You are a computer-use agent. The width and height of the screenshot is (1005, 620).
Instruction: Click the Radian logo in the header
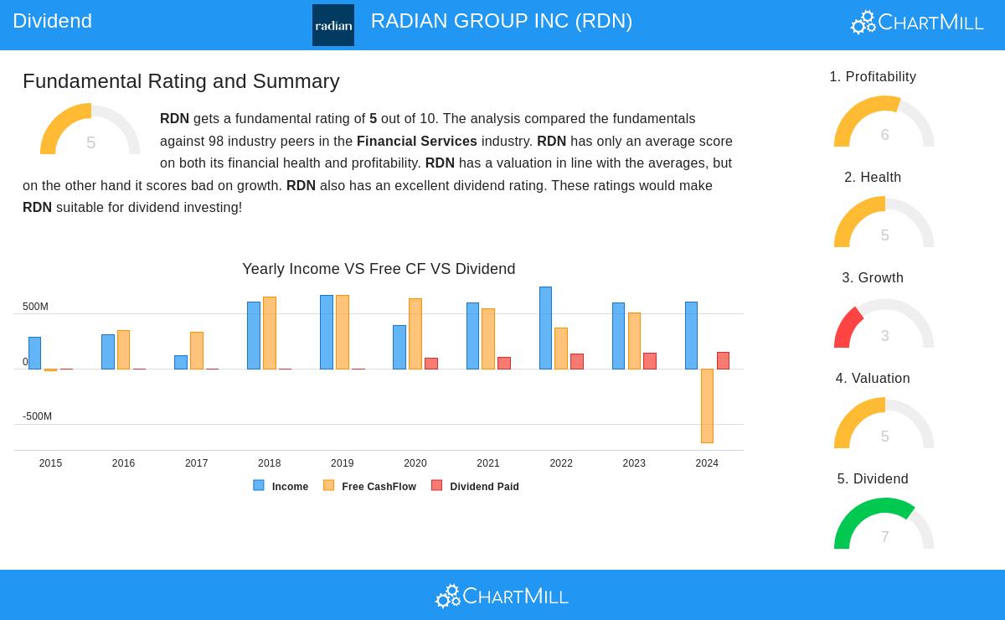click(x=332, y=25)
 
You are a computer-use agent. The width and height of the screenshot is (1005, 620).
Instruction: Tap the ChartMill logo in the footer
click(x=502, y=596)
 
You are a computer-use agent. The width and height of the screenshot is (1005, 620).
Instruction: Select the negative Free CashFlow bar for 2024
click(x=707, y=406)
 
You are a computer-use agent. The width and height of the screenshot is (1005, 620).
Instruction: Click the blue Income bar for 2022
click(x=545, y=328)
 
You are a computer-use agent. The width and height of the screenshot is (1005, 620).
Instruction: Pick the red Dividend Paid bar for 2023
click(x=650, y=361)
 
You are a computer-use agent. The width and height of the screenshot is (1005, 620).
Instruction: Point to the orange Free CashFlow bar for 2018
click(x=269, y=333)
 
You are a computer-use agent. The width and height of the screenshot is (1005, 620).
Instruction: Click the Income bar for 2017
click(x=181, y=362)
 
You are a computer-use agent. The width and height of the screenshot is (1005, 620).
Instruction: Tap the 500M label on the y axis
click(x=35, y=307)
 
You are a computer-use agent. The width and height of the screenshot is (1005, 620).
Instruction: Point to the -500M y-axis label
click(x=37, y=416)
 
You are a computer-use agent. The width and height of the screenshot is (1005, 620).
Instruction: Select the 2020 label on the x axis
click(x=415, y=463)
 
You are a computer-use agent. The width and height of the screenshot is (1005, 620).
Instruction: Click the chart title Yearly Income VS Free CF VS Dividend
click(x=379, y=269)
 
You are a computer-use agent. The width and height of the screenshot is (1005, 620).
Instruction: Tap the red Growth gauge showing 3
click(x=884, y=323)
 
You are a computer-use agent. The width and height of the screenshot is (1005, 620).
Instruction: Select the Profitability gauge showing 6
click(x=884, y=122)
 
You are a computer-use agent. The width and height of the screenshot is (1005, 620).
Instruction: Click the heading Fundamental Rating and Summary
click(x=181, y=81)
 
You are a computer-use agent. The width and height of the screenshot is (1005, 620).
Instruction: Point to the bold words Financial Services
click(x=416, y=142)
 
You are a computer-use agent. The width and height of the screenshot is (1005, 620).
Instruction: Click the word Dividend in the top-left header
click(x=52, y=21)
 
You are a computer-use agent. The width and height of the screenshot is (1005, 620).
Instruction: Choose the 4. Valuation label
click(x=873, y=379)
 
